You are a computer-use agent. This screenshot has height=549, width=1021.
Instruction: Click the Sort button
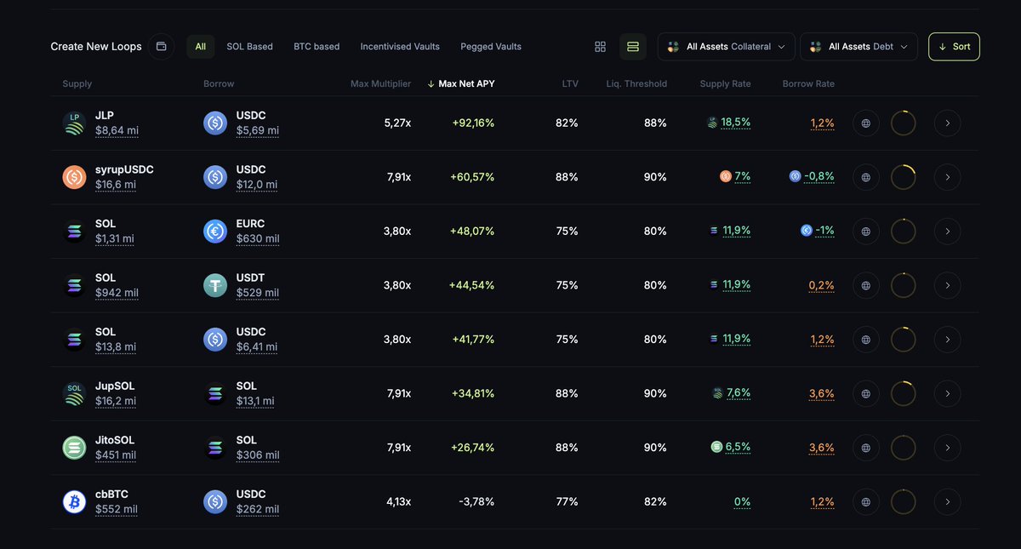pyautogui.click(x=954, y=47)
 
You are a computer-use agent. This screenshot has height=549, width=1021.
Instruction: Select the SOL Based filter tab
pyautogui.click(x=249, y=47)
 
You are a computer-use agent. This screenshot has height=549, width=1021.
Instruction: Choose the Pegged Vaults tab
pyautogui.click(x=491, y=47)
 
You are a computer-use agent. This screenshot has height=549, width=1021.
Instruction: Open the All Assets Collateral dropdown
pyautogui.click(x=726, y=47)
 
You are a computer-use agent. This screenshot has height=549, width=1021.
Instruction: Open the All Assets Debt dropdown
pyautogui.click(x=858, y=47)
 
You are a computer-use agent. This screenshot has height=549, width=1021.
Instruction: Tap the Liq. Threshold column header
pyautogui.click(x=636, y=84)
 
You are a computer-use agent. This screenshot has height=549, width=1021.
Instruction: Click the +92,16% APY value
pyautogui.click(x=473, y=123)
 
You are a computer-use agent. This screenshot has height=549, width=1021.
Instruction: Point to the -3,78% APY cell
pyautogui.click(x=476, y=501)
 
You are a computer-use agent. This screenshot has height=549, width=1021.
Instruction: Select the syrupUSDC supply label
pyautogui.click(x=124, y=169)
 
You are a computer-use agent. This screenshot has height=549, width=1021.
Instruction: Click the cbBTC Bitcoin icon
pyautogui.click(x=75, y=501)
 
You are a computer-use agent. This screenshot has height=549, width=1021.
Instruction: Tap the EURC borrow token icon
pyautogui.click(x=215, y=231)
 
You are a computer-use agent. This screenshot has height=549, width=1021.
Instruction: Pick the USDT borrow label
pyautogui.click(x=251, y=277)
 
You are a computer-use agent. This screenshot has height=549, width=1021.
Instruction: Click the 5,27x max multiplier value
pyautogui.click(x=397, y=123)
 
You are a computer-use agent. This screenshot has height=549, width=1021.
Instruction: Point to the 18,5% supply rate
pyautogui.click(x=736, y=123)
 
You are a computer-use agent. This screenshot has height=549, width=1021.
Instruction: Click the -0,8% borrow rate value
pyautogui.click(x=821, y=177)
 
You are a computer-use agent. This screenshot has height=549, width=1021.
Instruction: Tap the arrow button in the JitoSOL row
pyautogui.click(x=947, y=448)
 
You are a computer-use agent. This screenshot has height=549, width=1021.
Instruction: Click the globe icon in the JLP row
pyautogui.click(x=866, y=123)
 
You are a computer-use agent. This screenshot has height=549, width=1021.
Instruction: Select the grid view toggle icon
pyautogui.click(x=601, y=47)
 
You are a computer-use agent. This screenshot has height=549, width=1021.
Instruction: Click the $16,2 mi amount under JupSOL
pyautogui.click(x=116, y=401)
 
